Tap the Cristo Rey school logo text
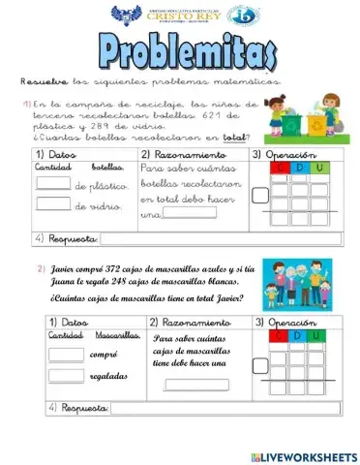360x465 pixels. [x=181, y=15]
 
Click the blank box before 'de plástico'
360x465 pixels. [x=52, y=184]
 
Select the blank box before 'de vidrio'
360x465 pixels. [x=52, y=203]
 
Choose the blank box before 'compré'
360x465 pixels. [x=66, y=354]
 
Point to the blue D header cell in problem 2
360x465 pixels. [x=297, y=335]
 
